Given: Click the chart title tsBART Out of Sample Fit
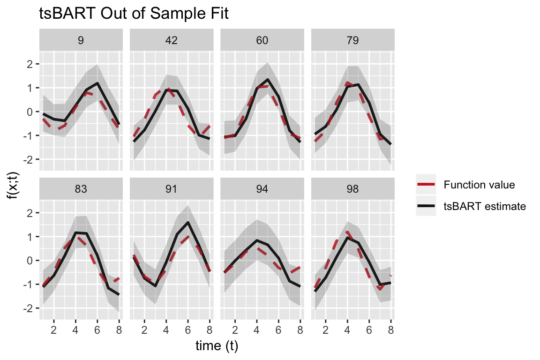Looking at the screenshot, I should coord(134,15).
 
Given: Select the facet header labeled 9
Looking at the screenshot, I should coord(81,40).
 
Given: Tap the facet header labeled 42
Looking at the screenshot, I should coord(172,40).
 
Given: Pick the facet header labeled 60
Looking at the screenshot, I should coord(262,40).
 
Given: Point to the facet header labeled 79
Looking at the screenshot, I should coord(352,40).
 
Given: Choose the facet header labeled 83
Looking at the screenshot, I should coord(81,189).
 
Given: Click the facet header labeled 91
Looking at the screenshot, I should coord(172,189).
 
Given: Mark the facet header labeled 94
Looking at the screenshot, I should coord(262,189).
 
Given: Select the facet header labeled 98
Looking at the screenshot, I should coord(352,189).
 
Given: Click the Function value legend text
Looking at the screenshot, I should coord(479,185).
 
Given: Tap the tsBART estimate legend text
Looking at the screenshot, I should coord(484,206).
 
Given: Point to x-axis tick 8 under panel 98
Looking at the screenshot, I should coord(391,330).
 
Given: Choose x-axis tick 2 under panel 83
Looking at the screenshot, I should coord(54,330).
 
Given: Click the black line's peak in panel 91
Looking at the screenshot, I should coord(187,223).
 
